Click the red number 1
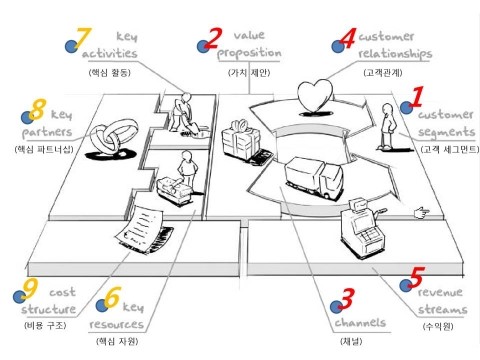tap(417, 96)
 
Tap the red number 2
tap(214, 38)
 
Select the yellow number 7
tap(83, 38)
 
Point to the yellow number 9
tap(30, 289)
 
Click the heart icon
tap(315, 95)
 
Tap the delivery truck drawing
tap(314, 178)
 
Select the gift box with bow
tap(241, 139)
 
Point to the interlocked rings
tap(114, 136)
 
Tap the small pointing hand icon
tap(422, 212)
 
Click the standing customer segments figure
tap(387, 126)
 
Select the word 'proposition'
tap(249, 53)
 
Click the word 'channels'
tap(360, 322)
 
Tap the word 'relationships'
tap(395, 54)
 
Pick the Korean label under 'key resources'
tap(117, 341)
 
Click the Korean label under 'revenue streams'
tap(438, 326)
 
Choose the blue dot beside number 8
tap(27, 117)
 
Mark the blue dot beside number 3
tap(336, 307)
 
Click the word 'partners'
tap(47, 133)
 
